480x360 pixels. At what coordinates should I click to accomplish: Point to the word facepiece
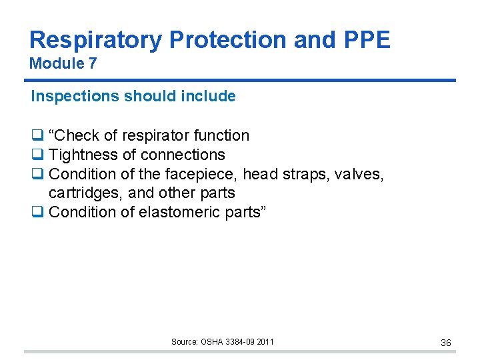pos(207,174)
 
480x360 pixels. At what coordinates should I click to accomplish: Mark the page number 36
pos(446,343)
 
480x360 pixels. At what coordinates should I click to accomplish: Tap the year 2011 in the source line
pos(264,342)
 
